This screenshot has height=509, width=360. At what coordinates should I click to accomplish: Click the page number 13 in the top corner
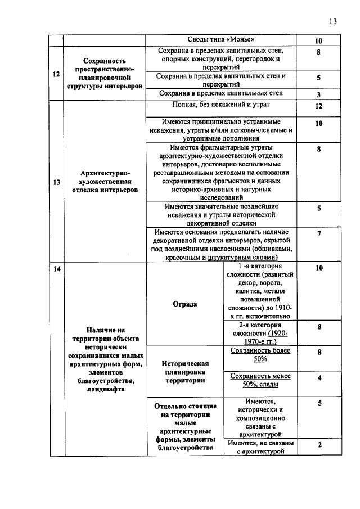pos(332,21)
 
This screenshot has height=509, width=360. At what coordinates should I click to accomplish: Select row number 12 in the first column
pos(56,74)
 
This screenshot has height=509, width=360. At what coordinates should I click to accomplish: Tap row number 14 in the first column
pos(56,269)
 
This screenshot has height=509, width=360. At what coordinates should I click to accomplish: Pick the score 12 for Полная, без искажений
pos(318,106)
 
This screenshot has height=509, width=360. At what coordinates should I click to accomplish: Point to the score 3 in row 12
pos(318,94)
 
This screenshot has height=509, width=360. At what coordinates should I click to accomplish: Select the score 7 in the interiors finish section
pos(318,233)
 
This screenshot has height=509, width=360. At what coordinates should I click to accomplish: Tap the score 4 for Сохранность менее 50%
pos(318,378)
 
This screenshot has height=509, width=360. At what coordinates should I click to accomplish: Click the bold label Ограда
pos(185,304)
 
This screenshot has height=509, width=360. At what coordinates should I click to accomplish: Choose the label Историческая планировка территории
pos(185,372)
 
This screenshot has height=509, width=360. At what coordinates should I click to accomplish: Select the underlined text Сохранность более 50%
pos(260,354)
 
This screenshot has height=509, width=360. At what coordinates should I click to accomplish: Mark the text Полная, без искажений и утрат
pos(226,105)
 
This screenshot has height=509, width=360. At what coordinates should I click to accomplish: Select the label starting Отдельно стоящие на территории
pos(185,426)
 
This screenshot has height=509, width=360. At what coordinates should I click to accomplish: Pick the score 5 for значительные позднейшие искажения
pos(318,208)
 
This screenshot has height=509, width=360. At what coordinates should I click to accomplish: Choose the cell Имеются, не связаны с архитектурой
pos(260,447)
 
